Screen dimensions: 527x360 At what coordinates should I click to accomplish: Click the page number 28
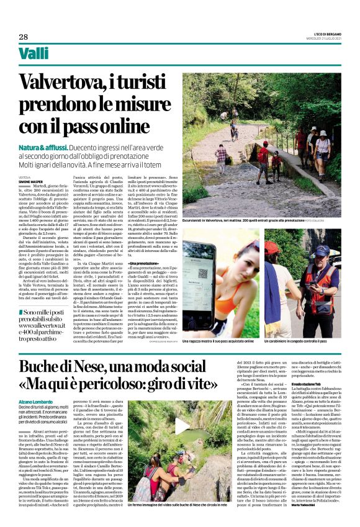pos(24,37)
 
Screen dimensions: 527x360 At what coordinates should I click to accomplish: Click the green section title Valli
pos(34,55)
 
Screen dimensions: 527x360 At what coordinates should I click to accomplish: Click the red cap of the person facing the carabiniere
pos(272,248)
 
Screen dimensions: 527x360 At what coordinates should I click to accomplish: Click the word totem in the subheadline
pos(159,163)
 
